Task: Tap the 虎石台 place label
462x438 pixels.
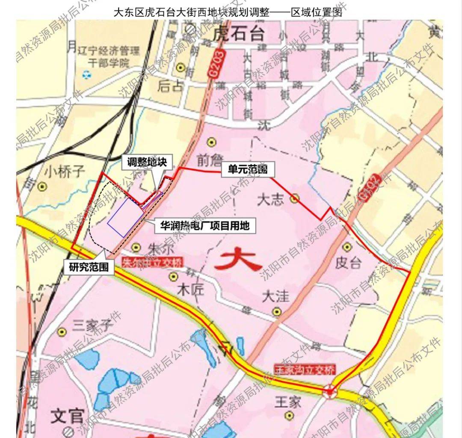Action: pos(239,33)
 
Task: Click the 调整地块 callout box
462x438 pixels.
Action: pos(149,163)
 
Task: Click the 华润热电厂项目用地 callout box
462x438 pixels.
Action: pos(204,225)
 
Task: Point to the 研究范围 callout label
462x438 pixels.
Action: pos(89,268)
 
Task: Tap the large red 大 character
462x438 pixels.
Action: pos(238,260)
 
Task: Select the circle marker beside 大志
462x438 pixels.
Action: pos(294,198)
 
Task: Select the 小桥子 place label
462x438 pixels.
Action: pos(64,172)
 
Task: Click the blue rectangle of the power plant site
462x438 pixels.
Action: pos(124,217)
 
